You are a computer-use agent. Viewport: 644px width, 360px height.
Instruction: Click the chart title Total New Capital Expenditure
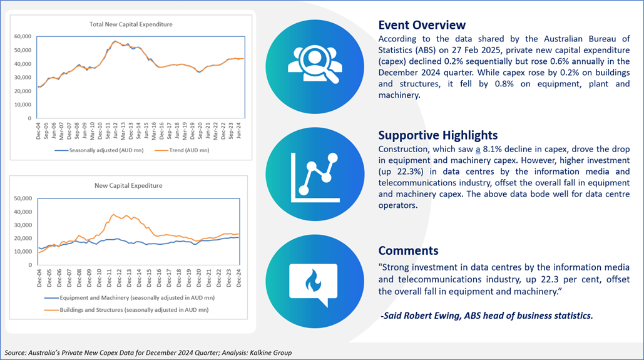pos(131,24)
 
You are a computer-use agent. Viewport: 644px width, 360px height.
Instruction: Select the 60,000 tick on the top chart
pos(23,36)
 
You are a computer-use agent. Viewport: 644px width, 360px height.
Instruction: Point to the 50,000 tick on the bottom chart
pos(23,198)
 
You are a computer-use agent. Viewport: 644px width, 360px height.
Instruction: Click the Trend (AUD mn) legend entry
pos(182,150)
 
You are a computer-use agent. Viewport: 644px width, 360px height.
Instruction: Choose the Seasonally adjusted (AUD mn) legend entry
pos(99,150)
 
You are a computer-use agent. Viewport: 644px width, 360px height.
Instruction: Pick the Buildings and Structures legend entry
pos(126,310)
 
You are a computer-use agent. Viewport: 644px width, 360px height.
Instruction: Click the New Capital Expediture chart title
pos(128,185)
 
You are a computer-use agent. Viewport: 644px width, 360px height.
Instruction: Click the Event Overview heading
pos(422,25)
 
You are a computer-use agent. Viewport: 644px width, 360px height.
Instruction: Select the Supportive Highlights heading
pos(438,135)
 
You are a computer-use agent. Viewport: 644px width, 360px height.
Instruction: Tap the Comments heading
pos(408,250)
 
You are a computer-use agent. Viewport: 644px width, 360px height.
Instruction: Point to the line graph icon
pos(315,178)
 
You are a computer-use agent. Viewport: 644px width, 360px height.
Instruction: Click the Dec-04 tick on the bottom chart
pos(39,278)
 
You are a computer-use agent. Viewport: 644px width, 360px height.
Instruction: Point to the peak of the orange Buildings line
pos(113,214)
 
